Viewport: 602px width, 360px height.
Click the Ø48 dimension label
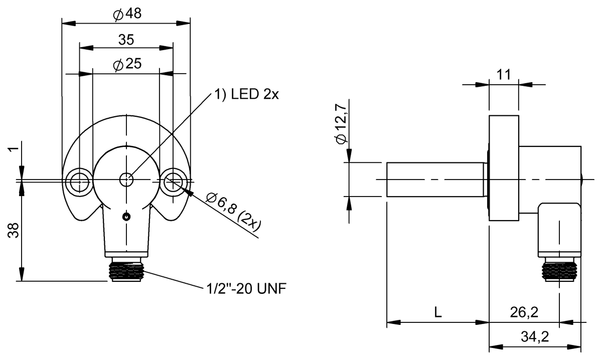127,15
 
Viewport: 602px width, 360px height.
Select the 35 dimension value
126,40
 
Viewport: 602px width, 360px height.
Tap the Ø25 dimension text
127,64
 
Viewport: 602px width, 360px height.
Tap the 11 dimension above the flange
503,75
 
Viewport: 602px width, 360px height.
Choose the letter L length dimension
437,312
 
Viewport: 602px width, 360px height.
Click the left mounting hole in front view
78,179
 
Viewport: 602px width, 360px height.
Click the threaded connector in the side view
559,269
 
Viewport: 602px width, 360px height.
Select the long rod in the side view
434,179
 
